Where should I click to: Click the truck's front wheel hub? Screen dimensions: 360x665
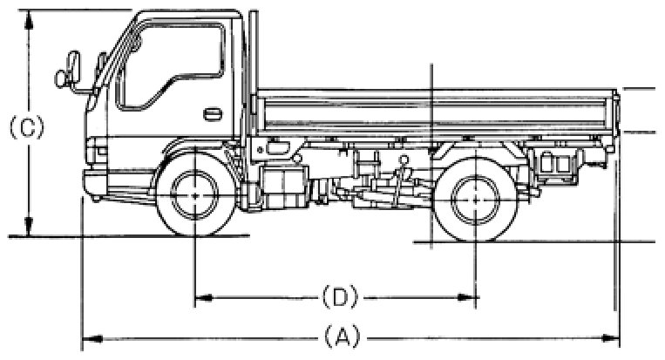[193, 196]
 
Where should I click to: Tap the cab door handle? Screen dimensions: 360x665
[212, 114]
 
